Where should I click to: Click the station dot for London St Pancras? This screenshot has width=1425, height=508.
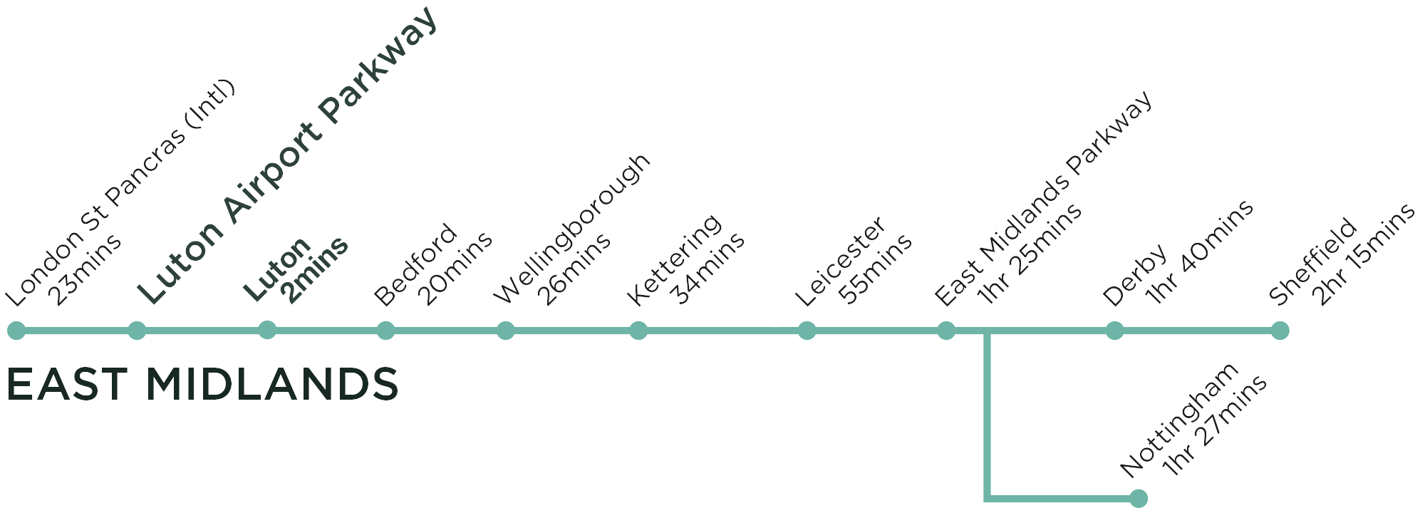click(16, 331)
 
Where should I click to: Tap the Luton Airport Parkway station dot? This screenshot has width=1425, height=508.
click(137, 331)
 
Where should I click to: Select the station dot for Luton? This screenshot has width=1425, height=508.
click(267, 330)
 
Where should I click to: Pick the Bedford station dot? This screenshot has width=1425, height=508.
click(385, 331)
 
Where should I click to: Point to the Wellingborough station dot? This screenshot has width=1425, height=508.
click(506, 331)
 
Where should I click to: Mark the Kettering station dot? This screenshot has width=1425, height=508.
click(638, 331)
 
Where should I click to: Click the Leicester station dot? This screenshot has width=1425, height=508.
click(807, 331)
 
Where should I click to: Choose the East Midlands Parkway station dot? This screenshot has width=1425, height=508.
click(946, 331)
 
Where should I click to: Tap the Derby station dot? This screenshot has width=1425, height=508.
click(1115, 331)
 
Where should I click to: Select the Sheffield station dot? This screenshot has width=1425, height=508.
click(1280, 331)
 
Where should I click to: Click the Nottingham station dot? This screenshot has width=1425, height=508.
click(1139, 498)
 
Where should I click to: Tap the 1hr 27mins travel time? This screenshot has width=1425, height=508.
click(1216, 425)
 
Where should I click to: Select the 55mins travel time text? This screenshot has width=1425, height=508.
click(876, 269)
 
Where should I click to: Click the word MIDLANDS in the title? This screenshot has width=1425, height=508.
click(271, 385)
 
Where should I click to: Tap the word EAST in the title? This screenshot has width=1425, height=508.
click(67, 385)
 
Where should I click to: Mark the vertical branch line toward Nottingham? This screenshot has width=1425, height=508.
click(988, 417)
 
